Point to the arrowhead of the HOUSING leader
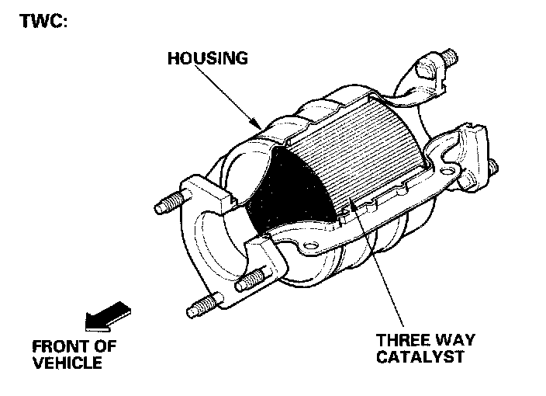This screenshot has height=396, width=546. point(260,125)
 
